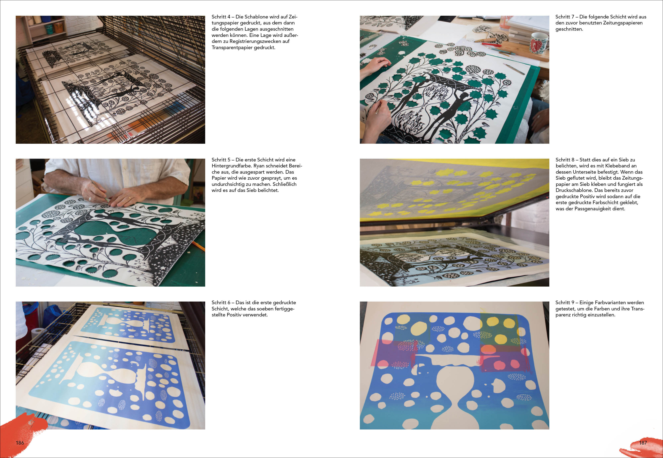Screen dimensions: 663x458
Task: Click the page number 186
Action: click(20, 443)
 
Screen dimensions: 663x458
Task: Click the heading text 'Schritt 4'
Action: click(221, 17)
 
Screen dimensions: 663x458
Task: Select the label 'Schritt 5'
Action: click(221, 160)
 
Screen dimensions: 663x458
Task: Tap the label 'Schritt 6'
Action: click(221, 302)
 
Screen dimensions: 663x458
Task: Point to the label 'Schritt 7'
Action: click(565, 17)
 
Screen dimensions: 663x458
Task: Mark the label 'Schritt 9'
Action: click(565, 302)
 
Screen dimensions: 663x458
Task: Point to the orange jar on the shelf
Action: click(59, 28)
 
